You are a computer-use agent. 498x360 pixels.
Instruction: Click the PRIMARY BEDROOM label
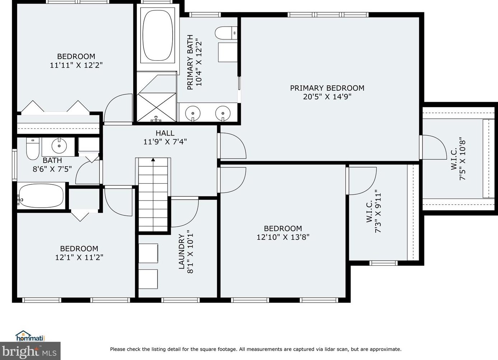[327, 88]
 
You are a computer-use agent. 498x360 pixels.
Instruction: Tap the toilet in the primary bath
[226, 33]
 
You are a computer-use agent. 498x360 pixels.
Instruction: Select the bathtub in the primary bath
[158, 35]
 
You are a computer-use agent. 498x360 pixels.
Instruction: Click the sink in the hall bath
[59, 146]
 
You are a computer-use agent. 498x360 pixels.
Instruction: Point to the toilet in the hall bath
[32, 148]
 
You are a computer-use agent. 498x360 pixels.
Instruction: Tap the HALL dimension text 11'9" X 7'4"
[165, 142]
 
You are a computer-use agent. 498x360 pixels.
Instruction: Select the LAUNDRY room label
[182, 252]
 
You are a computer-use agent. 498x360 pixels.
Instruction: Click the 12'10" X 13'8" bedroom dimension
[283, 237]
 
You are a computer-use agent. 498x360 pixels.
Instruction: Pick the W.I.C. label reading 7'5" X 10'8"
[458, 160]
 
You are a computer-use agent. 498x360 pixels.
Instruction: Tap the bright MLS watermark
[30, 351]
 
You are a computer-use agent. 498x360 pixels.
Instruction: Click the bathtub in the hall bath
[41, 196]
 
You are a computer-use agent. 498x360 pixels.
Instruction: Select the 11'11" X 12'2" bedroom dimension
[76, 65]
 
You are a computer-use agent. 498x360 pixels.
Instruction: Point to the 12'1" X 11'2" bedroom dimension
[79, 257]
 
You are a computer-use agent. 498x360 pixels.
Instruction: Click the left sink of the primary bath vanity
[193, 113]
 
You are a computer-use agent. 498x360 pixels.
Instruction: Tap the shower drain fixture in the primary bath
[156, 119]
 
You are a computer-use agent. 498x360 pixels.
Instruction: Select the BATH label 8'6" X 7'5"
[52, 165]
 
